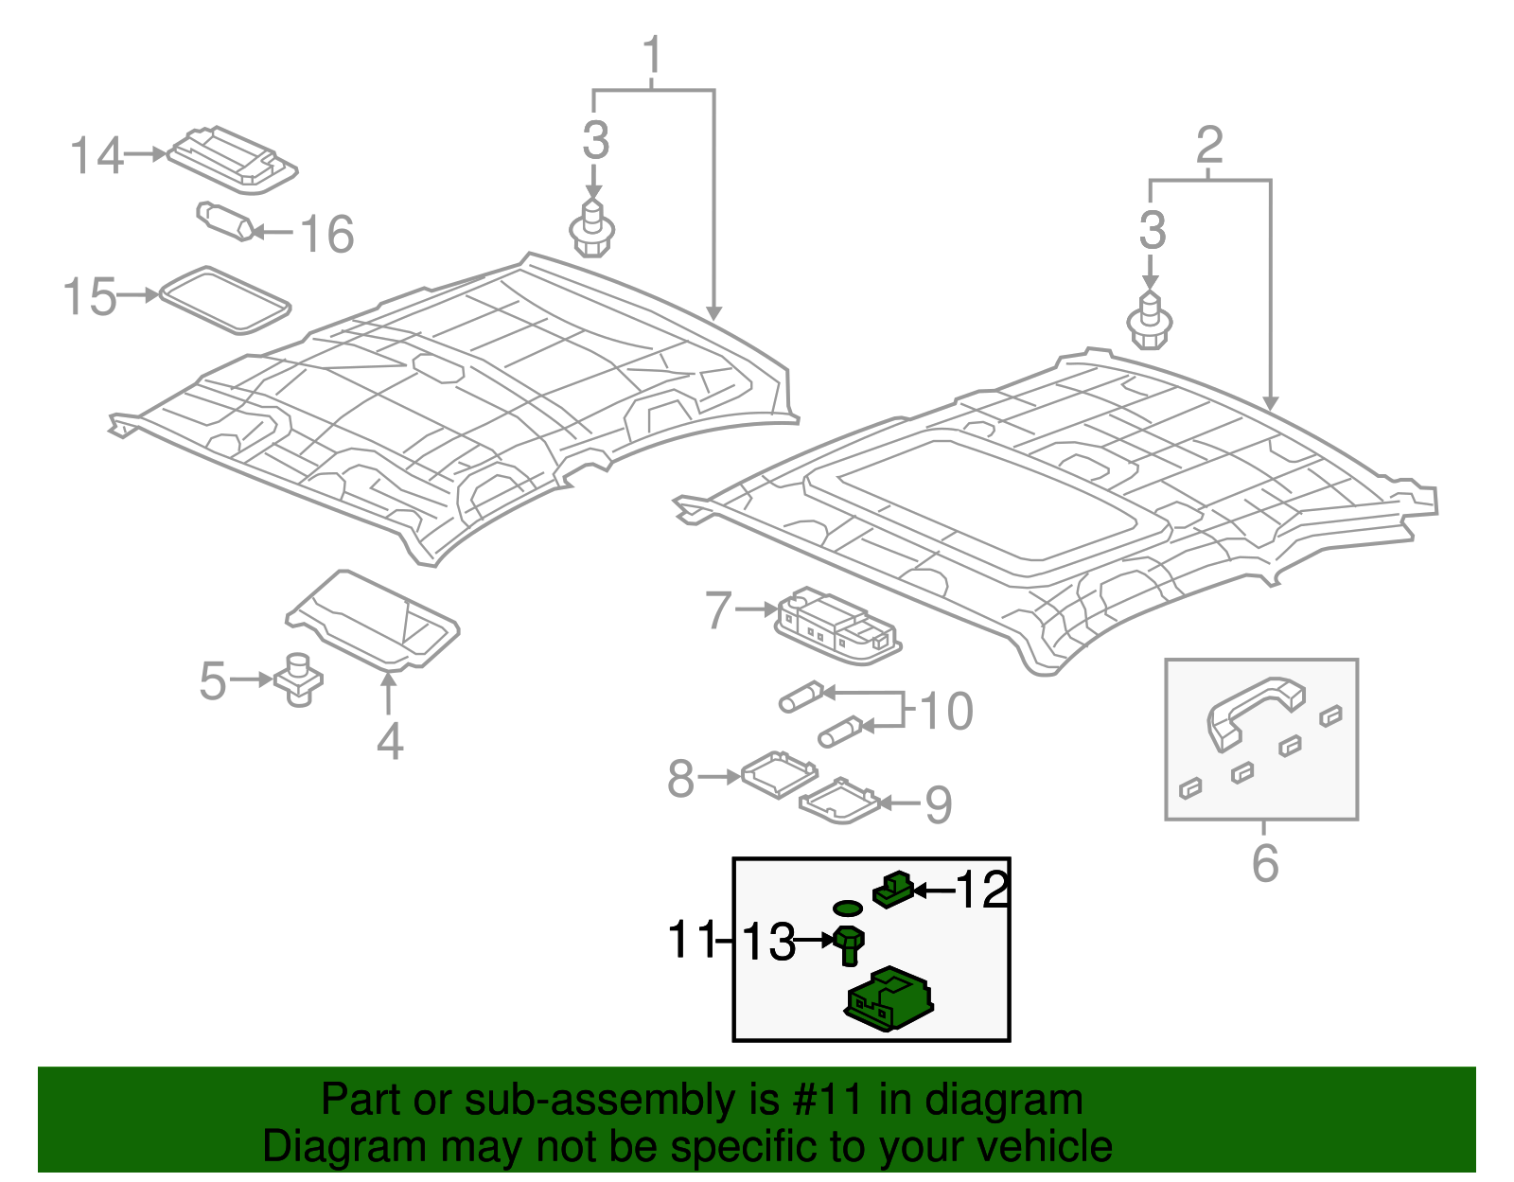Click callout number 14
pos(97,156)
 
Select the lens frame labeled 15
pos(225,300)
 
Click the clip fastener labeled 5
pos(298,679)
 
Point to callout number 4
pos(390,741)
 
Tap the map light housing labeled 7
pos(837,625)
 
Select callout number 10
pos(945,712)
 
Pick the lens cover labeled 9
pos(838,802)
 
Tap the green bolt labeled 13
pos(850,946)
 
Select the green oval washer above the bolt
pos(848,909)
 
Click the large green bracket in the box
pos(889,1001)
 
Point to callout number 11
pos(691,940)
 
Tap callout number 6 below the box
pos(1265,863)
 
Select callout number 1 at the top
pos(652,57)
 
